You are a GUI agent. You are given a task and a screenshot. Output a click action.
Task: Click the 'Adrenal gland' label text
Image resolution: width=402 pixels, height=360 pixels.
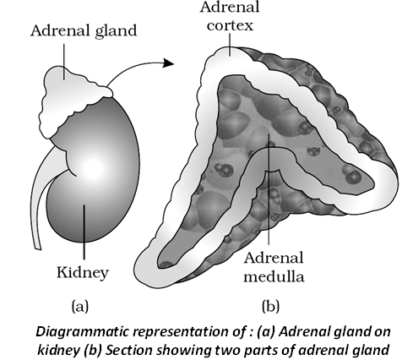(x=84, y=30)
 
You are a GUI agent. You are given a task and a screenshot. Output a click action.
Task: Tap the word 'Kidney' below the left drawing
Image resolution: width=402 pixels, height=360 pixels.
(x=83, y=273)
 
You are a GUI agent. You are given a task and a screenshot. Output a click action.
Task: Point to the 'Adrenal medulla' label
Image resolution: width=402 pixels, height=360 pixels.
(x=274, y=267)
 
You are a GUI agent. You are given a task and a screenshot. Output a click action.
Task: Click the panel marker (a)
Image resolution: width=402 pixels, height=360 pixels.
(x=80, y=306)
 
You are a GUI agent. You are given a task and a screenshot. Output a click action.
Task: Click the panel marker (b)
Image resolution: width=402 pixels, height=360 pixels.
(x=270, y=306)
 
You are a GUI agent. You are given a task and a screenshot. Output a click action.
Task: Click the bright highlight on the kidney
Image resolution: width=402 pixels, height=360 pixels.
(x=94, y=166)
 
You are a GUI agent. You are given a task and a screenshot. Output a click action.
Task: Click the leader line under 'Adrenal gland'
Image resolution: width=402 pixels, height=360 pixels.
(x=64, y=62)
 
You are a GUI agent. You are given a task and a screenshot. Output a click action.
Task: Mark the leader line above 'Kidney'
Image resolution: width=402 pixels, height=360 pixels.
(x=84, y=232)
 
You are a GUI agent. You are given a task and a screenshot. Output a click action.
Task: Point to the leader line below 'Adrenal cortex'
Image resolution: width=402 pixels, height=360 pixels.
(x=230, y=45)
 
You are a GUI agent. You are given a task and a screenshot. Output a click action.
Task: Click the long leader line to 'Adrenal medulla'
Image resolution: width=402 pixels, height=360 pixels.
(x=269, y=188)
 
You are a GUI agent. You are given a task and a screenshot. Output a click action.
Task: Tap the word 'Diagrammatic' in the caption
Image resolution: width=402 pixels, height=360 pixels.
(x=82, y=332)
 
